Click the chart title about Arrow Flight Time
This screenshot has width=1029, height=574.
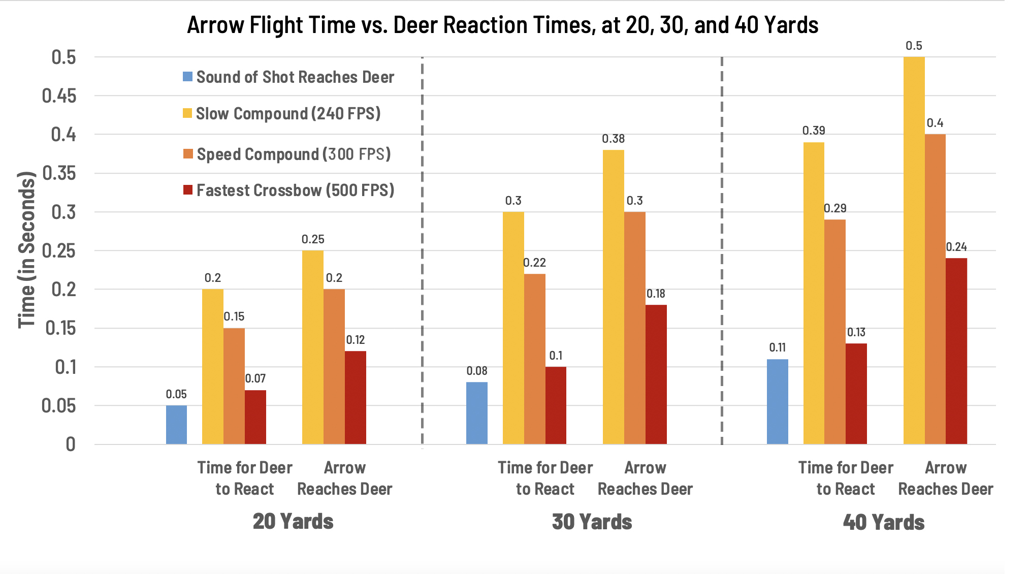coord(502,25)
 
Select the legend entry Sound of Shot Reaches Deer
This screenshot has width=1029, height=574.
coord(288,77)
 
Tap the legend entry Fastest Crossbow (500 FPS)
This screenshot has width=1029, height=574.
coord(288,190)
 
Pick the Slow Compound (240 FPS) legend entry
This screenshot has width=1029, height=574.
coord(282,114)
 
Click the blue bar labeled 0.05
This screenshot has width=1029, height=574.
coord(176,425)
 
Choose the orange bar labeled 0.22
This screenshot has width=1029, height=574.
coord(534,359)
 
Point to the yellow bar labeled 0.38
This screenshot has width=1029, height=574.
coord(613,297)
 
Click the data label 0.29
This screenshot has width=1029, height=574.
coord(835,208)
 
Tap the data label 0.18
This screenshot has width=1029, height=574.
coord(656,294)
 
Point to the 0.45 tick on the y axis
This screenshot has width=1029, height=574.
coord(59,95)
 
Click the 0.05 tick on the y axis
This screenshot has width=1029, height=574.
coord(59,406)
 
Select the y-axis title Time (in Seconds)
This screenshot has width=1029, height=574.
coord(26,250)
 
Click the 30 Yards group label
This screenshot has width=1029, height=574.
coord(592,522)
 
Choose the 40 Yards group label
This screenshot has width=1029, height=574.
coord(884,522)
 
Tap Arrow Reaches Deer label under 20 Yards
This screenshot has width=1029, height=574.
coord(344,478)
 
